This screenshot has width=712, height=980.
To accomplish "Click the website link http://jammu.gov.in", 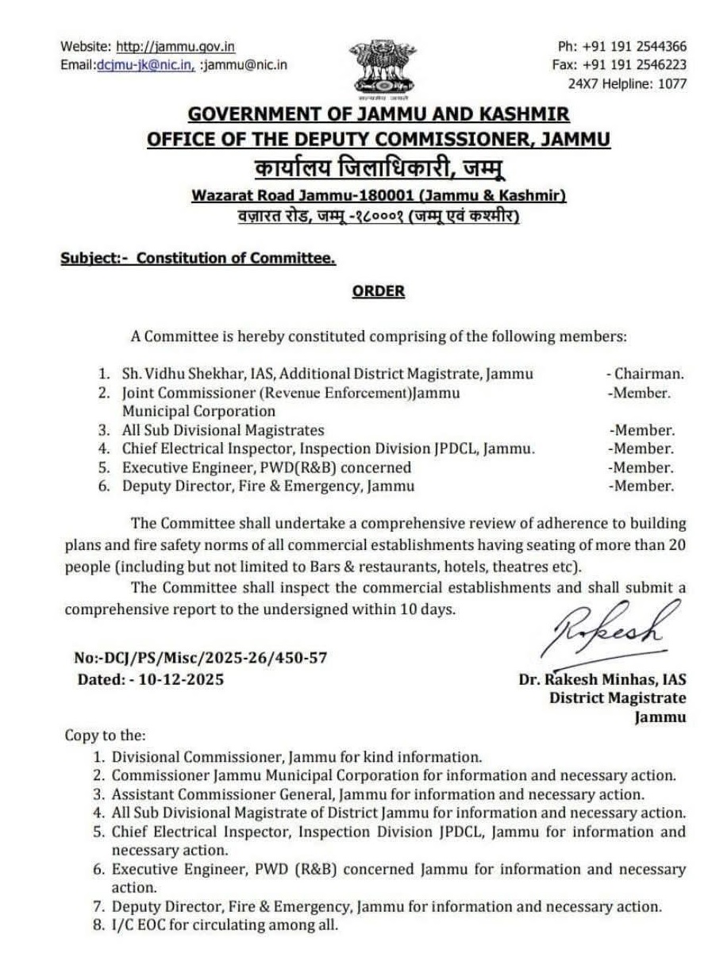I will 175,48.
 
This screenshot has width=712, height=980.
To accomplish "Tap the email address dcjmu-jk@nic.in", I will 144,65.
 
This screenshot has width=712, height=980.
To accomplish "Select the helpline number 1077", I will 672,83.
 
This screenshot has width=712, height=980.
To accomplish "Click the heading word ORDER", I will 378,291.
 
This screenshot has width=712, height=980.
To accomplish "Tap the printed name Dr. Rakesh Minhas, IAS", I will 602,679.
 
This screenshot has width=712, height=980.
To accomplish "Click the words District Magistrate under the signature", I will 618,698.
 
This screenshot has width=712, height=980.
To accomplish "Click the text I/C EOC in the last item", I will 139,924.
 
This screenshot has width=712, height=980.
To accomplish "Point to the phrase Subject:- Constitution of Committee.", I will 198,258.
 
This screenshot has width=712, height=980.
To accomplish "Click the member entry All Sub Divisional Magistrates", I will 223,430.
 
